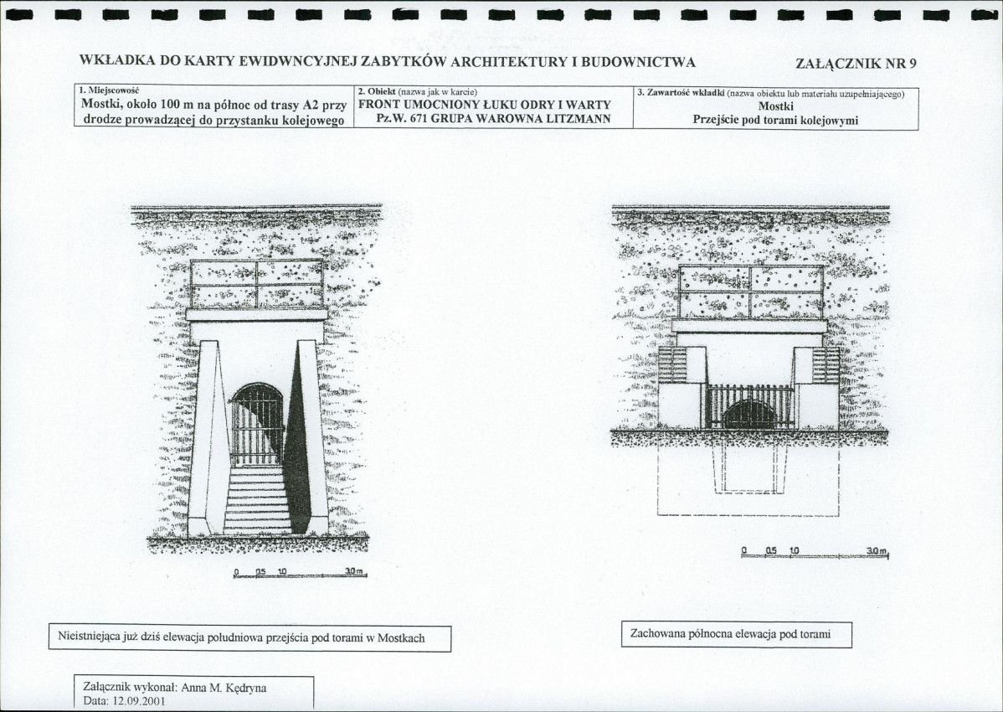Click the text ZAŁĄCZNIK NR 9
[856, 64]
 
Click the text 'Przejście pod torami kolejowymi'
[775, 121]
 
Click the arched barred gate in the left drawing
[256, 425]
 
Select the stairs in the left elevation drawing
[256, 499]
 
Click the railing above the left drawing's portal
[256, 283]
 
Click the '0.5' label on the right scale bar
[770, 550]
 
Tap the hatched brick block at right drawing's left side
[672, 364]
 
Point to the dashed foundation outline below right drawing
[748, 480]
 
